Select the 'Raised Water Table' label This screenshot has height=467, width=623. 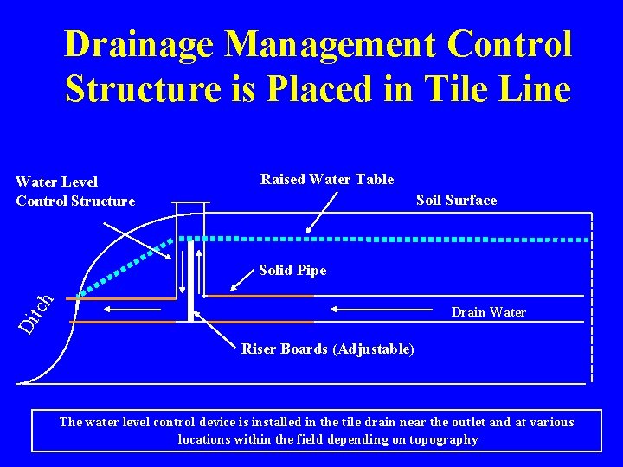[x=327, y=180]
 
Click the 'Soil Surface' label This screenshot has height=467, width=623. [x=456, y=201]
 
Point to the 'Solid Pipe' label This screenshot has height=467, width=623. [x=292, y=271]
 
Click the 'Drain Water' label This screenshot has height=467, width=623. [x=488, y=312]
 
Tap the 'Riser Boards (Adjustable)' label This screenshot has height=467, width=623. [x=327, y=349]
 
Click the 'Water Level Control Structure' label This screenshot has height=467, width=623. [x=75, y=191]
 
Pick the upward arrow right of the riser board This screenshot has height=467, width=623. [x=201, y=273]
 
